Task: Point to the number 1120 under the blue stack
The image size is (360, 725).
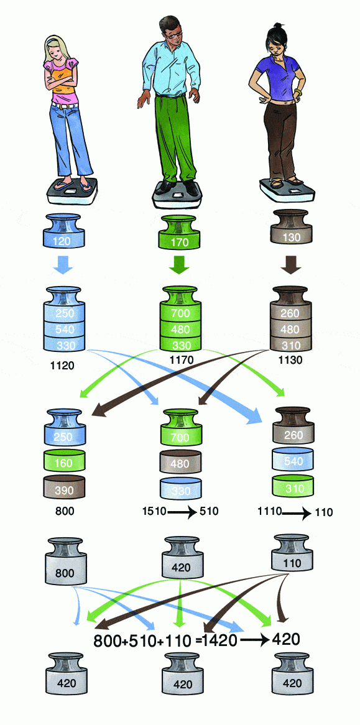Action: (62, 366)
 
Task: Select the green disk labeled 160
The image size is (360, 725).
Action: (65, 461)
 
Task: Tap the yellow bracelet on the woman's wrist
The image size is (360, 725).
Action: (298, 94)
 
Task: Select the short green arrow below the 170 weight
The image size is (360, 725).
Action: (180, 266)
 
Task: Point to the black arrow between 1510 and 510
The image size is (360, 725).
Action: (183, 513)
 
